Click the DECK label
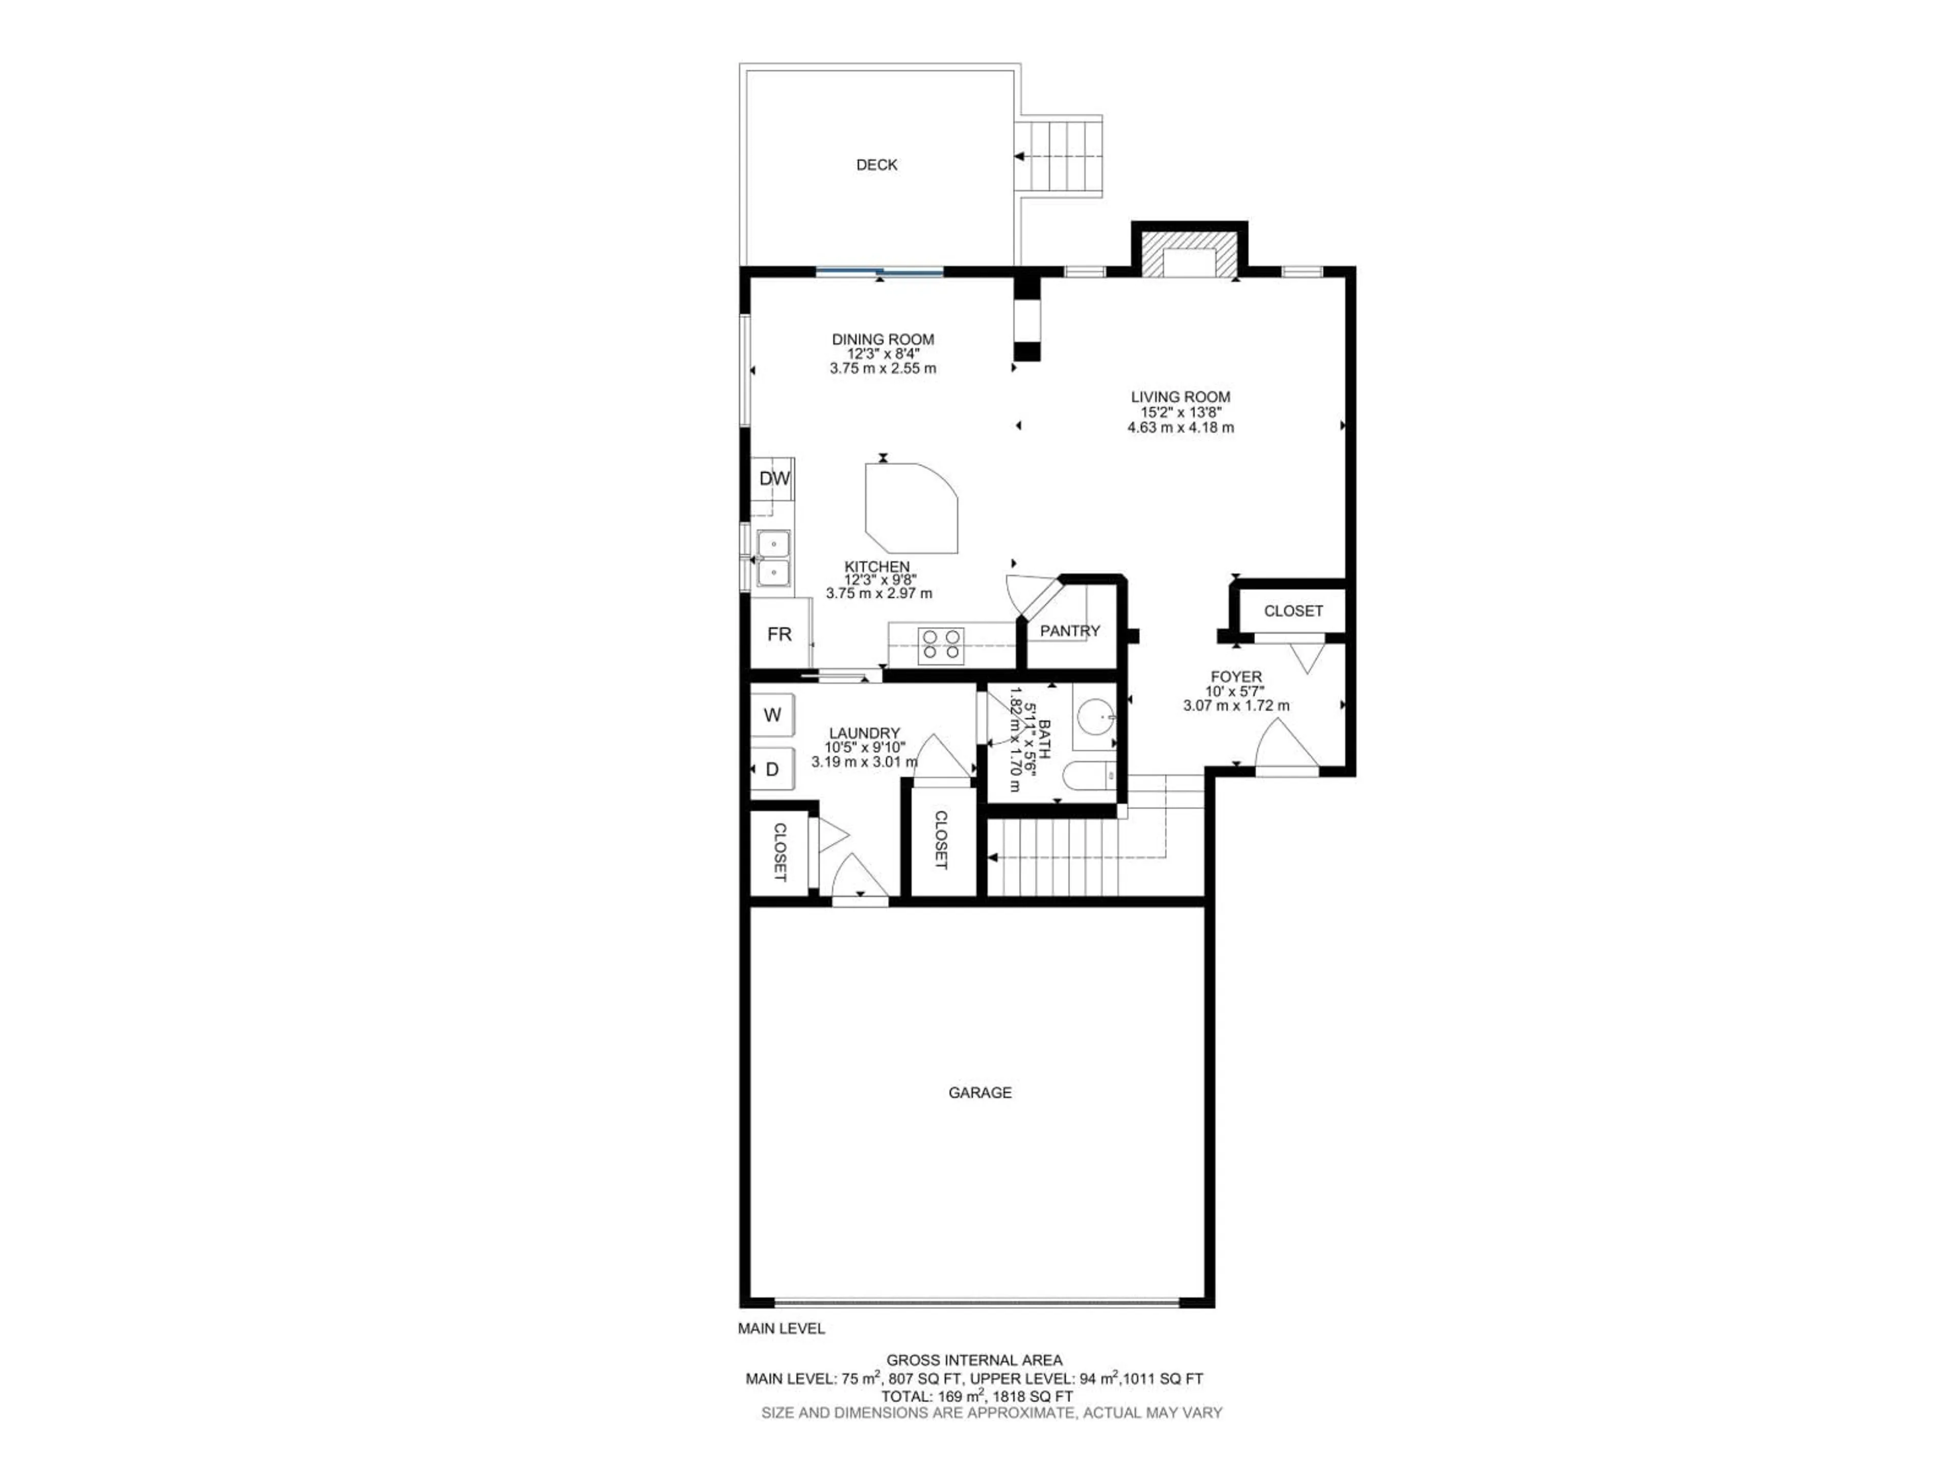point(876,165)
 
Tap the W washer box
point(773,715)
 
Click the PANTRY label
point(1069,631)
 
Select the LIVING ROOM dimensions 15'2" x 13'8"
point(1180,412)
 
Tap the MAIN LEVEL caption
point(780,1328)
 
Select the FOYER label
point(1236,677)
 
